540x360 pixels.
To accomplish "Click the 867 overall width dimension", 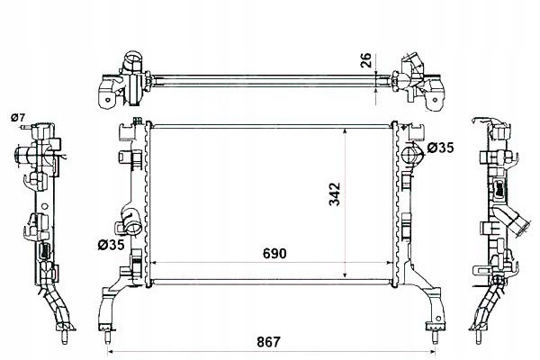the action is click(x=268, y=342).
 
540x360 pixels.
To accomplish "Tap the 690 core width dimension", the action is click(x=274, y=254).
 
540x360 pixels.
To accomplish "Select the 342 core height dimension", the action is click(x=335, y=194).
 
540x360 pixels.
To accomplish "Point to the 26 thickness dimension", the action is click(x=365, y=60).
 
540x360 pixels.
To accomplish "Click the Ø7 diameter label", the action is click(x=18, y=118).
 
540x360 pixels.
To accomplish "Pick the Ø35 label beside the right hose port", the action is click(x=440, y=148).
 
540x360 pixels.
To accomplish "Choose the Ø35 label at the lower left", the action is click(x=111, y=245).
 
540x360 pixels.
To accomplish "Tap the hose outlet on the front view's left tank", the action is click(x=132, y=222).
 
